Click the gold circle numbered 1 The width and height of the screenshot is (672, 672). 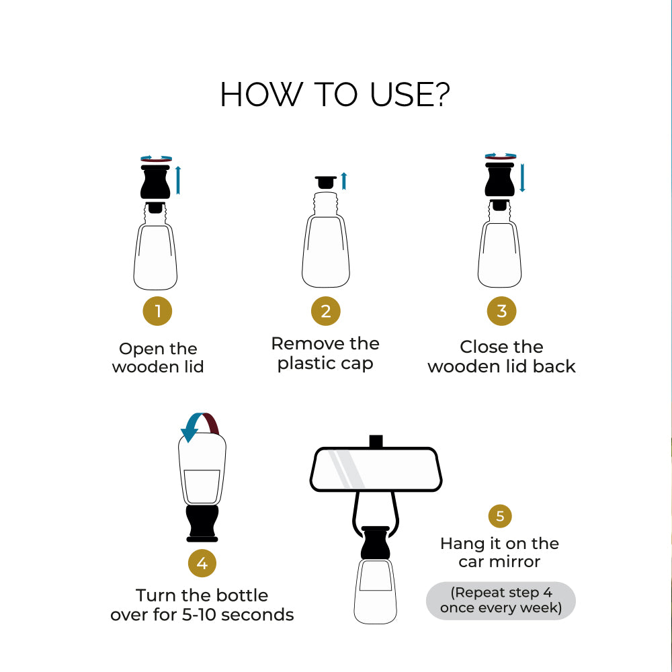[x=157, y=311]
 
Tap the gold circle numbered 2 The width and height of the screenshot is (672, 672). [x=326, y=311]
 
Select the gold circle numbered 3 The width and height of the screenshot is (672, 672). [x=501, y=311]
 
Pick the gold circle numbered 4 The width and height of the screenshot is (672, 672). [x=202, y=563]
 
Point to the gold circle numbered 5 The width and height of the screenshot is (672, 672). [x=500, y=516]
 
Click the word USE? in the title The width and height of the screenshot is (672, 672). [x=410, y=95]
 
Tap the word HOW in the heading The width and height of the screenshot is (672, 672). [x=261, y=95]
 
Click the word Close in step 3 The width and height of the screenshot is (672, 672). [x=482, y=347]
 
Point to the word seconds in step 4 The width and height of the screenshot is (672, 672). [x=257, y=615]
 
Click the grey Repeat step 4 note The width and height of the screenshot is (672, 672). [x=501, y=600]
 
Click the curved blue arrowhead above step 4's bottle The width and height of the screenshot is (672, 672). [x=190, y=433]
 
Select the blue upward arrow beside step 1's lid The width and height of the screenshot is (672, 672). [x=178, y=180]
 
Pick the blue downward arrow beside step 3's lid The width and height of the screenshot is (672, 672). [x=522, y=177]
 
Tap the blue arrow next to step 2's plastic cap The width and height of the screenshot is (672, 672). [x=343, y=181]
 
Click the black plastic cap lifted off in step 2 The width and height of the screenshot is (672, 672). [x=326, y=182]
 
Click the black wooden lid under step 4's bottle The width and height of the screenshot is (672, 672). [x=202, y=523]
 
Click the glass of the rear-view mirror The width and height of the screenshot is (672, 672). [x=376, y=469]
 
